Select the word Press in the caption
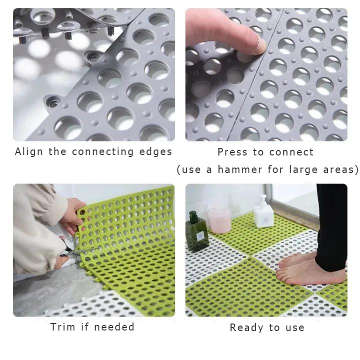[x=232, y=152]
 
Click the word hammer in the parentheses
[x=239, y=169]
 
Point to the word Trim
[x=62, y=327]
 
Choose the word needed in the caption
[x=114, y=327]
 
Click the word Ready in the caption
[x=247, y=327]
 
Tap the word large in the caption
[x=303, y=170]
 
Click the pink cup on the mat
[x=220, y=220]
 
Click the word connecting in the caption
[x=102, y=152]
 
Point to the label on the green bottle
[x=199, y=236]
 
